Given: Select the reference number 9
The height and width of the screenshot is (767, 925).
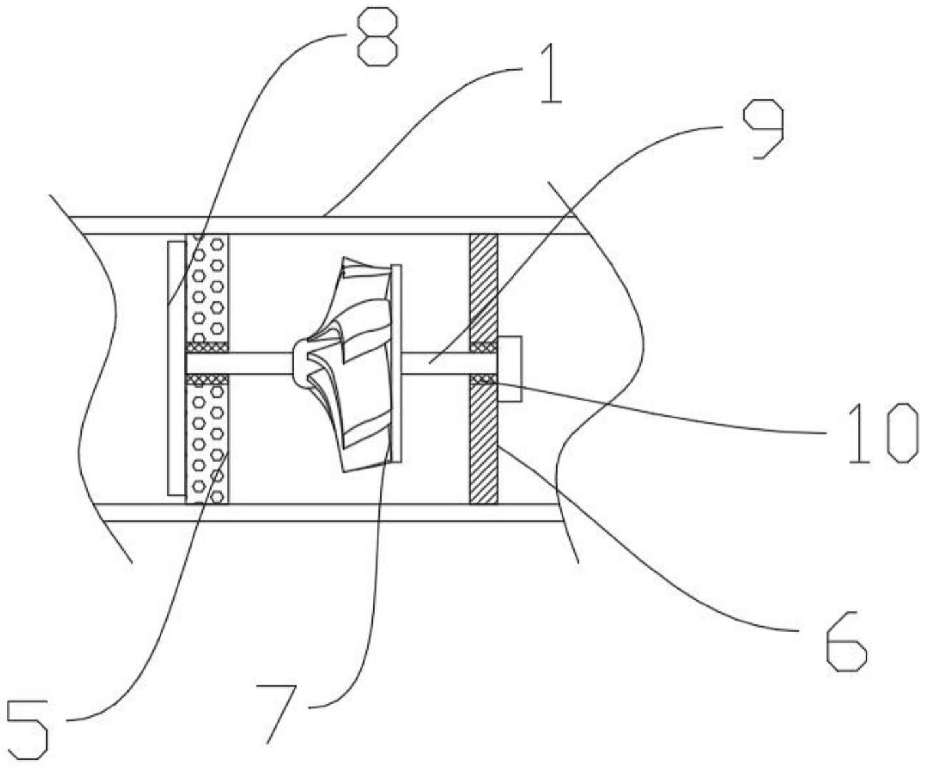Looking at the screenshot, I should pos(762,129).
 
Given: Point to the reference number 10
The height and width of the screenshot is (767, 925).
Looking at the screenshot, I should pos(883,433).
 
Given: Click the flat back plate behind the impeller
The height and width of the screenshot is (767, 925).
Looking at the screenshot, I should pos(395,363).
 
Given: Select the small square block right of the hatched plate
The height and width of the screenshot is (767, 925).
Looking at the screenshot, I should pos(509,369).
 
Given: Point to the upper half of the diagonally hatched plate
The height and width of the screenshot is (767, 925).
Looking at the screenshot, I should pos(484,288).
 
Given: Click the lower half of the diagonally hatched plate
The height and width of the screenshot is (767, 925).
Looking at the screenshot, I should pos(484,445).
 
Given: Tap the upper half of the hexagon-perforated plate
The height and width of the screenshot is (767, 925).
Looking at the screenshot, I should pos(207,288).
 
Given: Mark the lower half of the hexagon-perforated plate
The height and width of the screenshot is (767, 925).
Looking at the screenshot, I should pos(207,445).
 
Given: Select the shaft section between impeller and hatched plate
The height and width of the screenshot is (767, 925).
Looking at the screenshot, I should pos(435,363).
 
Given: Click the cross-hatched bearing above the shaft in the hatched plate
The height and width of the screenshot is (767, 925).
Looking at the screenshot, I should pos(484,347).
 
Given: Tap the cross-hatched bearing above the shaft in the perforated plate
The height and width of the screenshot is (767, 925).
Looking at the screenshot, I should pos(207,347).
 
